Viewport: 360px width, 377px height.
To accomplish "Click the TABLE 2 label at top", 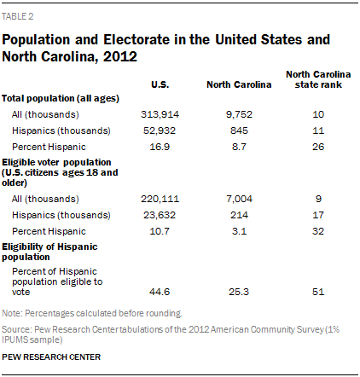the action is coord(18,16).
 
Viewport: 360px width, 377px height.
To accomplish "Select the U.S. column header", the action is coord(160,84).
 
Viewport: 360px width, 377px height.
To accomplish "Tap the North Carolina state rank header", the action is coord(318,79).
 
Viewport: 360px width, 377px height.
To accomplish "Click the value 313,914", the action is coord(160,114).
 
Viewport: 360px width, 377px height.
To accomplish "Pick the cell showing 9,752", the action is coord(239,114).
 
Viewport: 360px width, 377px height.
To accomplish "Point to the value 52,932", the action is coord(160,130).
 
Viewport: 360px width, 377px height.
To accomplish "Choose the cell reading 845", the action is coord(239,130).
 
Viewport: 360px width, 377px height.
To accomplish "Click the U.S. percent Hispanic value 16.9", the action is coord(160,147).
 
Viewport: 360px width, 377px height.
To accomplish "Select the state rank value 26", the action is coord(318,147).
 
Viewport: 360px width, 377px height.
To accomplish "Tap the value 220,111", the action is coord(160,199).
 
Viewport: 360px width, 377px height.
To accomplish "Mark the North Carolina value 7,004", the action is coord(239,199).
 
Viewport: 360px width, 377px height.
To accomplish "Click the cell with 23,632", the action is coord(160,215).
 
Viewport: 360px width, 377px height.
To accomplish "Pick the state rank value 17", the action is coord(318,215).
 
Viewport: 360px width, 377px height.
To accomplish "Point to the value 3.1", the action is coord(239,231).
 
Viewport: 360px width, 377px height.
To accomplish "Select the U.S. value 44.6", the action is coord(160,292).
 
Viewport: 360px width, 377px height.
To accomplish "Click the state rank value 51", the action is coord(318,292).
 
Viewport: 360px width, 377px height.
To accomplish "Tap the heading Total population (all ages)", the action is coord(61,99).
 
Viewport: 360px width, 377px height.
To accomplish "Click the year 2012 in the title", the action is coord(120,56).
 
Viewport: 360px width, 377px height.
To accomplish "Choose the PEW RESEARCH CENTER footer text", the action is coord(51,357).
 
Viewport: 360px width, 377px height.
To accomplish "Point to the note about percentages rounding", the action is coord(92,313).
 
